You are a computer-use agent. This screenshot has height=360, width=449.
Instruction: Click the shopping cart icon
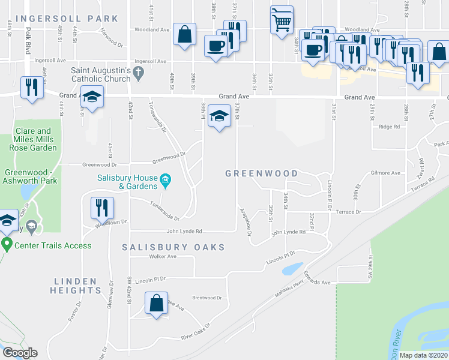coord(282,21)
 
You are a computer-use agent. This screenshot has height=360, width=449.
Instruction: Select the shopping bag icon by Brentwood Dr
coord(156,303)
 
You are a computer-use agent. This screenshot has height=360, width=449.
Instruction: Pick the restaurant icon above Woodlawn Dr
coord(101,208)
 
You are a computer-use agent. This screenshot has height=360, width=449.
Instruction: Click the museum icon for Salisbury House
coord(164,179)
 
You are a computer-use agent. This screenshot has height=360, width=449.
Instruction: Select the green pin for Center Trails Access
coord(7,245)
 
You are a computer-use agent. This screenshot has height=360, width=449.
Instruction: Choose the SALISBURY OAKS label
coord(173,247)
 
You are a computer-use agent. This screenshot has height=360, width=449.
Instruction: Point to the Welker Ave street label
coord(163,257)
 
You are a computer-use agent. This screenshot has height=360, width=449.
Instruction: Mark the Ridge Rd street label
coord(389,127)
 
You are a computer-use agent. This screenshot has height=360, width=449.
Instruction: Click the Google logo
coord(20,353)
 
